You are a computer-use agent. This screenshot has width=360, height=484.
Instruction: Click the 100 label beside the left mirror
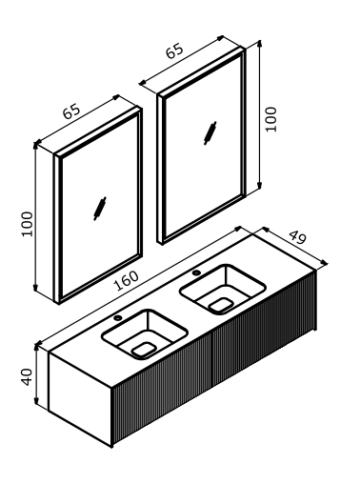(x=27, y=224)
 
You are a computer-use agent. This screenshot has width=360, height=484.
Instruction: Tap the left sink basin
(x=144, y=333)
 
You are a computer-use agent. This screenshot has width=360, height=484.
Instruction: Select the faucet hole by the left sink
(x=117, y=318)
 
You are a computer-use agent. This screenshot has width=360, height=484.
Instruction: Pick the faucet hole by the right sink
(x=196, y=273)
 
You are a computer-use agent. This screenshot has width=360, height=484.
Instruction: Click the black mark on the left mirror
(x=100, y=210)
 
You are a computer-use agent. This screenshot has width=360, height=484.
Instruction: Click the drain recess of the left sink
(x=144, y=349)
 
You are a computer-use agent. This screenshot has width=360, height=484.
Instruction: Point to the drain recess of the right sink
(x=222, y=304)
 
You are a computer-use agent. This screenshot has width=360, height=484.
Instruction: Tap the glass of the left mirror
(x=90, y=191)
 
